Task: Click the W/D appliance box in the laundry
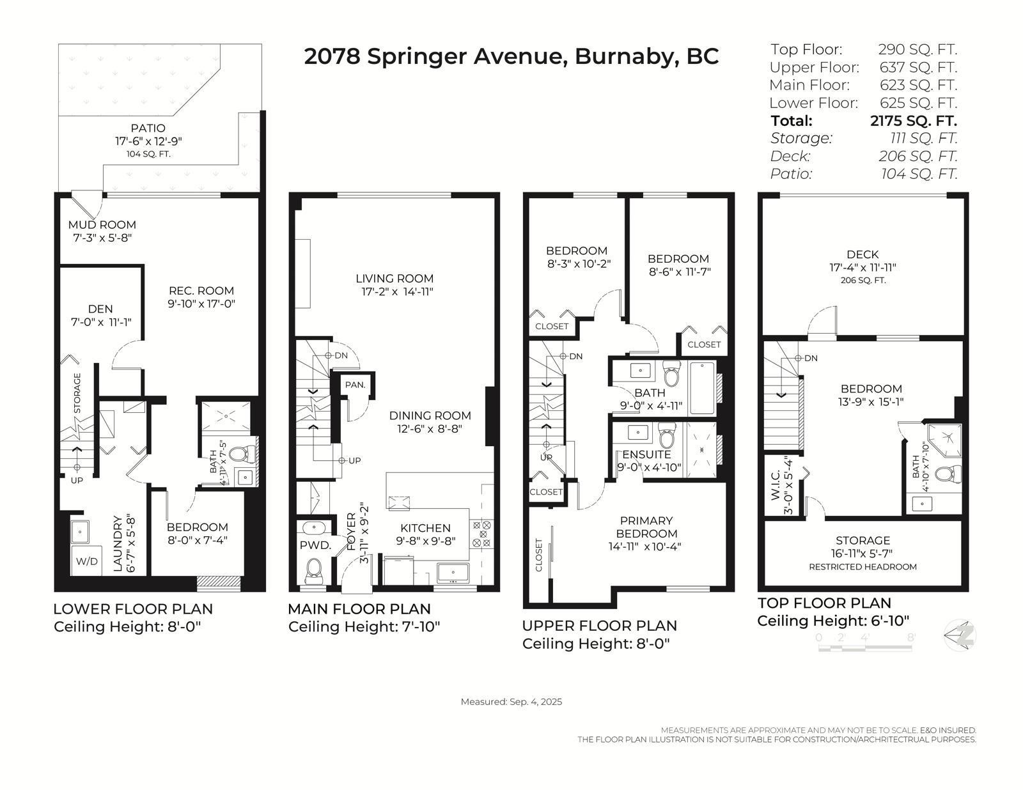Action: (x=87, y=561)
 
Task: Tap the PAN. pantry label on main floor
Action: (x=355, y=385)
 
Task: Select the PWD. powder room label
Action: (x=315, y=545)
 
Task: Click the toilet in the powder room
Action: (x=314, y=569)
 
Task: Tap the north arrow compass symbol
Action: (x=960, y=635)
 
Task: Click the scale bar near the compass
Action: (x=865, y=647)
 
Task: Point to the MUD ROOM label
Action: (x=102, y=225)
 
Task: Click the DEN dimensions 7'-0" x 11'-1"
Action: (x=101, y=322)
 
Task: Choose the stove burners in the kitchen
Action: (x=481, y=534)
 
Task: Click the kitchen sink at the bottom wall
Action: (x=453, y=571)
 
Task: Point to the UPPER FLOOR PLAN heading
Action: (x=599, y=625)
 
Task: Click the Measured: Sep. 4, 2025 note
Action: (x=511, y=702)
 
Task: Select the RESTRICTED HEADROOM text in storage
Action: (x=862, y=567)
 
